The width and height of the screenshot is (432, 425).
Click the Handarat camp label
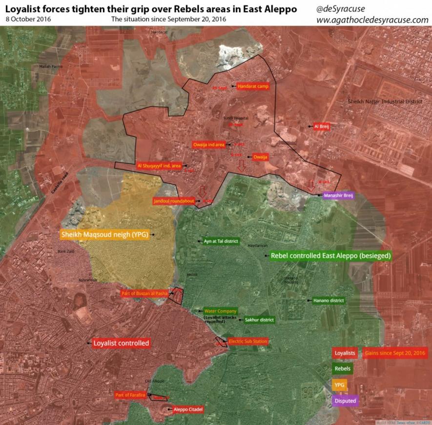[253, 86]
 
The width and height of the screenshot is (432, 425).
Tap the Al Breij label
[322, 127]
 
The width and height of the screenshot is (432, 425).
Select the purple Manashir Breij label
[338, 195]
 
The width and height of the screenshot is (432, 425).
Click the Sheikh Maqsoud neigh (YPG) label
[104, 234]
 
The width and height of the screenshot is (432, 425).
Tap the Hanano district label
[329, 300]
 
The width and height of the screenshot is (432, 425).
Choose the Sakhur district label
[259, 320]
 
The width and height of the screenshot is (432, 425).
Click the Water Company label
[220, 311]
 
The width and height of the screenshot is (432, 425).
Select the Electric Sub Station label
[248, 341]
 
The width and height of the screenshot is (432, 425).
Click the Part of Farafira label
[130, 395]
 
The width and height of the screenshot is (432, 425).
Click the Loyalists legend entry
[345, 353]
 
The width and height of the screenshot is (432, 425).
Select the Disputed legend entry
[345, 401]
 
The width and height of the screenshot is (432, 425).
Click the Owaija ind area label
[208, 145]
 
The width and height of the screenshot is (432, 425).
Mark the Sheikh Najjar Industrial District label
[385, 101]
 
